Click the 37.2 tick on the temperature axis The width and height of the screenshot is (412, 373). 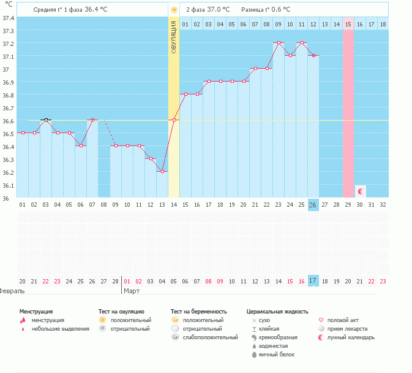[x=7, y=44]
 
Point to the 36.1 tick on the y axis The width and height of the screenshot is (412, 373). [x=7, y=185]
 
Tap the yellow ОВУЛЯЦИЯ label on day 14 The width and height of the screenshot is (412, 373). [x=174, y=37]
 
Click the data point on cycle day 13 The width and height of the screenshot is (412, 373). [x=162, y=171]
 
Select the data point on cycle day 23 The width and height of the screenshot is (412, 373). [x=279, y=43]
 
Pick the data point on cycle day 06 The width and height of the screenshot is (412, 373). [x=81, y=145]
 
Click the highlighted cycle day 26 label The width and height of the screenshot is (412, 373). [x=313, y=205]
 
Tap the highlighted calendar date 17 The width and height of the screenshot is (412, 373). [x=313, y=281]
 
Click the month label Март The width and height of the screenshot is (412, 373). [x=131, y=290]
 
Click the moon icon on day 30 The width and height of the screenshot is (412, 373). [x=360, y=191]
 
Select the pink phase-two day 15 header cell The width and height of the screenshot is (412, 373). [x=348, y=24]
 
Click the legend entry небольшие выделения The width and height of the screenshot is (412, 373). [x=60, y=329]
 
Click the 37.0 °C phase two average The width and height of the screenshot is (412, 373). [x=218, y=10]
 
